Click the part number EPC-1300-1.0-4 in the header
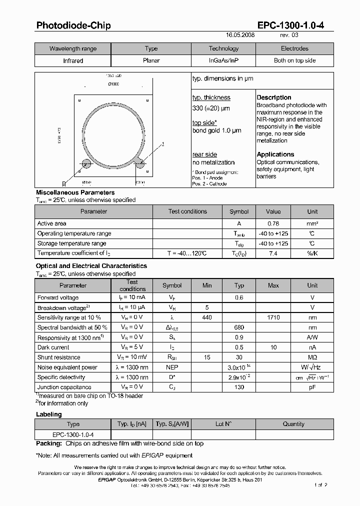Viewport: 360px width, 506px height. [290, 25]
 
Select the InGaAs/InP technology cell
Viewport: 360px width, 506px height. [223, 60]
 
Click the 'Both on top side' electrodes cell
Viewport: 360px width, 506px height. [294, 60]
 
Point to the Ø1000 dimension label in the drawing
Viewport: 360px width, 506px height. [113, 84]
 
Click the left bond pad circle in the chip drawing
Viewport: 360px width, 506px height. [86, 163]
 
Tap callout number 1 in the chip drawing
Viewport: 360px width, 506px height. [163, 144]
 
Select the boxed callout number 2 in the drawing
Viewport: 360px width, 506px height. [63, 183]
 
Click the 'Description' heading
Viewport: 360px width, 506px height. [274, 97]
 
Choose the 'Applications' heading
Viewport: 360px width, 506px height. [275, 154]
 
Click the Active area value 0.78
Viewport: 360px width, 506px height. [273, 223]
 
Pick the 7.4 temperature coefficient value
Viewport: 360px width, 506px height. [273, 253]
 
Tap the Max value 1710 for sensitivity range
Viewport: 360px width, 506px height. [273, 317]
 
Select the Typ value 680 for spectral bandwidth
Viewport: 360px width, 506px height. [239, 327]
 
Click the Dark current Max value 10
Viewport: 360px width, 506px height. [273, 347]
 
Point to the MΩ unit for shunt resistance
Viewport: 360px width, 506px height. [312, 357]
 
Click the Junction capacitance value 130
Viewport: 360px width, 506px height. [239, 387]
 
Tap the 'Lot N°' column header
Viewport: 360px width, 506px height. [223, 424]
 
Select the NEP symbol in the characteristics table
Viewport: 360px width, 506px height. [172, 367]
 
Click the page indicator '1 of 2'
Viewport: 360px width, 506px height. [320, 484]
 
